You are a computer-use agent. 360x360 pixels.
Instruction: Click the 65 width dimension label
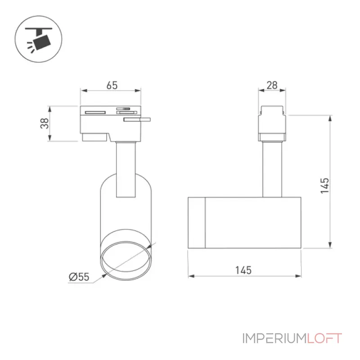tap(112, 85)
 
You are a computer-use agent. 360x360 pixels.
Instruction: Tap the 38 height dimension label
tap(45, 123)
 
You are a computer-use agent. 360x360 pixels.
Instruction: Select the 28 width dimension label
tap(272, 85)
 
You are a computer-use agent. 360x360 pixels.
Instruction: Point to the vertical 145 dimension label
tap(324, 185)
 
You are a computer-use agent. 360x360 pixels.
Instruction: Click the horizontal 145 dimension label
tap(243, 270)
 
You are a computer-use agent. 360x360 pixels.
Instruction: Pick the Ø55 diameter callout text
tap(79, 277)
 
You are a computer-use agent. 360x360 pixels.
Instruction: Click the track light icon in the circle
tap(39, 39)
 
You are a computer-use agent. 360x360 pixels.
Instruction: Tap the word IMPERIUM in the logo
tap(274, 338)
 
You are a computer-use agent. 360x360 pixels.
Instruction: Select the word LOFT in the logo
tap(324, 338)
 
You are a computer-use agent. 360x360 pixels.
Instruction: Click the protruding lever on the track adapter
tap(137, 119)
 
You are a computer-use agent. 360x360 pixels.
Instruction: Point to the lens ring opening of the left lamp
tap(126, 261)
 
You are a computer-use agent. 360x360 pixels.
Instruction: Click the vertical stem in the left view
tap(126, 170)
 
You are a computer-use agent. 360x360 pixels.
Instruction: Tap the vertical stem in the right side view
tap(272, 169)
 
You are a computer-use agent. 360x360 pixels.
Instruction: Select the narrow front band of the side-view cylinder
tap(197, 223)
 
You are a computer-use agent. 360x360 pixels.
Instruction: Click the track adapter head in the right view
tap(272, 123)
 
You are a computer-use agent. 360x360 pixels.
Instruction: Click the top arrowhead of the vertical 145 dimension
tap(330, 119)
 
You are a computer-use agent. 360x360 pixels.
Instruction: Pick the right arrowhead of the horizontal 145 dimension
tap(298, 276)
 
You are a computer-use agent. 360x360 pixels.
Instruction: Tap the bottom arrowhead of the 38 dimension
tap(49, 138)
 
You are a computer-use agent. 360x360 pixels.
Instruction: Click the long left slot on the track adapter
tap(95, 112)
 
